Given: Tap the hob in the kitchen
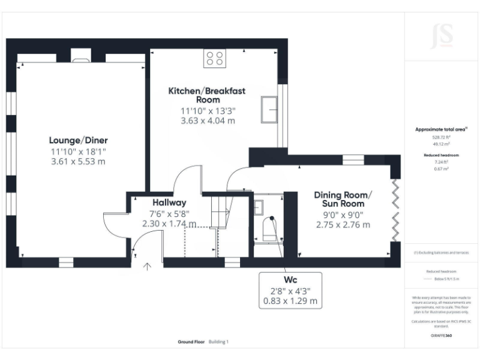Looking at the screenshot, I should pos(214,58).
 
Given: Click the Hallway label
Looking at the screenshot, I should pos(169,202).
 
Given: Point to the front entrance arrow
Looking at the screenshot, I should pos(147,267).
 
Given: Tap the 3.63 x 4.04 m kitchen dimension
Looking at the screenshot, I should pos(207,121).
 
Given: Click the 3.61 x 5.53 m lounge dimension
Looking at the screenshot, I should pos(78,161).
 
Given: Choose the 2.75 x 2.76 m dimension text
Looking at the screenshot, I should pos(343,224).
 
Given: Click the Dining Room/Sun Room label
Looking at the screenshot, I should pos(343,199).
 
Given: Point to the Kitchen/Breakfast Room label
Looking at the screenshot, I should pos(207,95).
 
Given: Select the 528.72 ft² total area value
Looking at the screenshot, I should pos(442,136).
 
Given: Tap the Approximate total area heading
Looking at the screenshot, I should pos(441,129).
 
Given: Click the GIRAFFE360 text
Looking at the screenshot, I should pos(441,336).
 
